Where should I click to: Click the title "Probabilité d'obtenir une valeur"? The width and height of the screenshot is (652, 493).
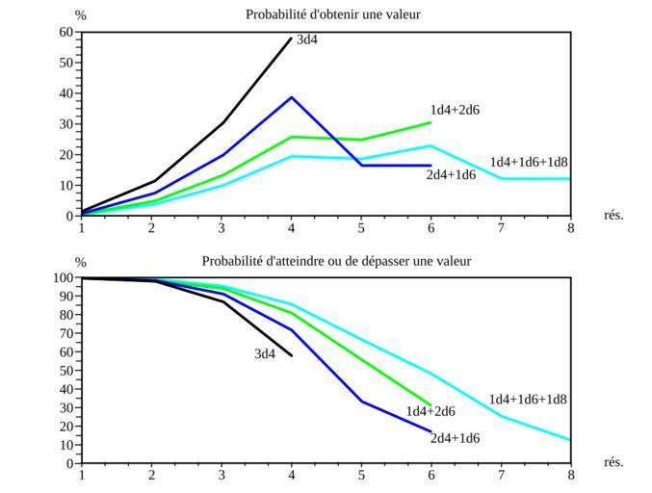coord(332,14)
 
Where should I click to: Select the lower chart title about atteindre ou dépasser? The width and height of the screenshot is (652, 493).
coord(336,261)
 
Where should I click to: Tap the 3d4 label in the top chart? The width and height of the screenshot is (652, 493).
coord(307,40)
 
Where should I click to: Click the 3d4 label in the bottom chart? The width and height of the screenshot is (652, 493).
coord(265,354)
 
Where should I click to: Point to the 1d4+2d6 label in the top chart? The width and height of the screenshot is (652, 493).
coord(455,110)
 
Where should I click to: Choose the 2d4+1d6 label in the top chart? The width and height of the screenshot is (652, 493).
coord(451,174)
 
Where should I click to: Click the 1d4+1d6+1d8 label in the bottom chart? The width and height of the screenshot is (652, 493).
coord(528,400)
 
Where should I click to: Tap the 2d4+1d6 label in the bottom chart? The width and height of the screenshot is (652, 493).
coord(455,439)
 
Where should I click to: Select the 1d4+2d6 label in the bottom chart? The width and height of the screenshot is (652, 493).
coord(430,412)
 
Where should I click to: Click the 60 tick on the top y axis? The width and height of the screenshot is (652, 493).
coord(66,32)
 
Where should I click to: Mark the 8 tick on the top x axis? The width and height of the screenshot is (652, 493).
coord(570,228)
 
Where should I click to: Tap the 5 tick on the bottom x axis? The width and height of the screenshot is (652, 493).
coord(361,475)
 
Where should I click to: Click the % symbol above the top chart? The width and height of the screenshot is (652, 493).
coord(81,15)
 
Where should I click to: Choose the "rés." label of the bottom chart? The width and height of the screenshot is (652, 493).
coord(613,462)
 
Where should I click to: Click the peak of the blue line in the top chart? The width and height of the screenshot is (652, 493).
coord(292,97)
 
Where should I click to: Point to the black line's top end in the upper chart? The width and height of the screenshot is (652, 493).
coord(292,39)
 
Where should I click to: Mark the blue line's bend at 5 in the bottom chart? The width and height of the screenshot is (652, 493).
coord(361,402)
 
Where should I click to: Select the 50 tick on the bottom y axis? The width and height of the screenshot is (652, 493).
coord(66,371)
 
